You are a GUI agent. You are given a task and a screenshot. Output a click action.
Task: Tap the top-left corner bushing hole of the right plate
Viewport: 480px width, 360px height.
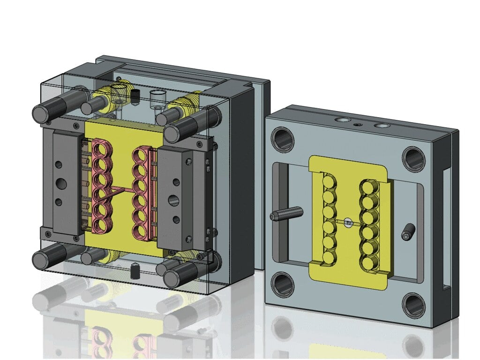pos(284,139)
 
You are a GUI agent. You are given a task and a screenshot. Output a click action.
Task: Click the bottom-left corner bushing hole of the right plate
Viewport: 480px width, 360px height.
pos(284,284)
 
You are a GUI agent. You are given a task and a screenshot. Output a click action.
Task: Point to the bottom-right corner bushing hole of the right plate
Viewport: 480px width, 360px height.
pos(414,305)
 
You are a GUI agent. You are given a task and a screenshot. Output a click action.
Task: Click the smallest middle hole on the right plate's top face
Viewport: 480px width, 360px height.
pos(359,124)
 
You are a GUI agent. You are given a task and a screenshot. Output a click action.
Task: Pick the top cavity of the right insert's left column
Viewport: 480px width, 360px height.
pos(330,181)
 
